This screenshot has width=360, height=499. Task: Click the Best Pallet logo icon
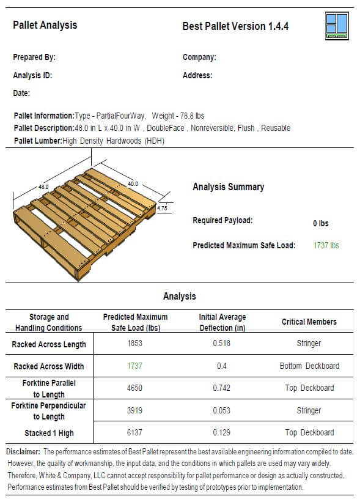point(337,26)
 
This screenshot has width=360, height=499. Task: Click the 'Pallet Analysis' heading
point(45,25)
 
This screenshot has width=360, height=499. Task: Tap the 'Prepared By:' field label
point(34,57)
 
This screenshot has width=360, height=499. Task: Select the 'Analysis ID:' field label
point(32,76)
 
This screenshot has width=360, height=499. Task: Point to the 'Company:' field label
point(199,57)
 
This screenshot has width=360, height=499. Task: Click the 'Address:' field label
point(197,76)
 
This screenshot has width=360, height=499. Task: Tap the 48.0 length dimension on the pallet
point(44,186)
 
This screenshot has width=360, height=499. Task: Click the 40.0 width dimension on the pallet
point(133,183)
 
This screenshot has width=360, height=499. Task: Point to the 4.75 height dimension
point(162,208)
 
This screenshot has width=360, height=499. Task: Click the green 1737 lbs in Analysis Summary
point(326,245)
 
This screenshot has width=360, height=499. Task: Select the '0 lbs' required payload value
point(321,223)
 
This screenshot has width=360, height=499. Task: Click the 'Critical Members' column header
point(309,322)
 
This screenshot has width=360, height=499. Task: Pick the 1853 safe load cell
point(135,344)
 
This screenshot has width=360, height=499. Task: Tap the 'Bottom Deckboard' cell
point(309,366)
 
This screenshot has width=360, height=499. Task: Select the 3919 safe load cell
point(135,410)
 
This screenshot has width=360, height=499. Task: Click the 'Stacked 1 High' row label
point(49,433)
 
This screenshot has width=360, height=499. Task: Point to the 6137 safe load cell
point(135,432)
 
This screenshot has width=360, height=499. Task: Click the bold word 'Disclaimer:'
point(23,451)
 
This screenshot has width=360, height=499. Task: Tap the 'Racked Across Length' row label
point(49,344)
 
